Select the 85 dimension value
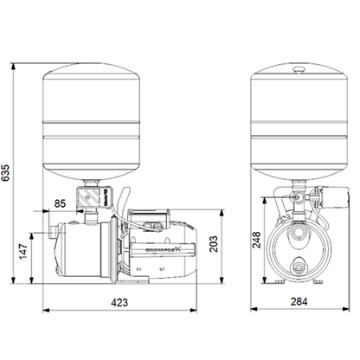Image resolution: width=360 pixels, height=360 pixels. point(60,204)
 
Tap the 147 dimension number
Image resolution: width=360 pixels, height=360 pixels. point(22,252)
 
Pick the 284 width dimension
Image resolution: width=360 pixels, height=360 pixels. point(299,303)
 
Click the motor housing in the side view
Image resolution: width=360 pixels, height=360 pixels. point(164,247)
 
